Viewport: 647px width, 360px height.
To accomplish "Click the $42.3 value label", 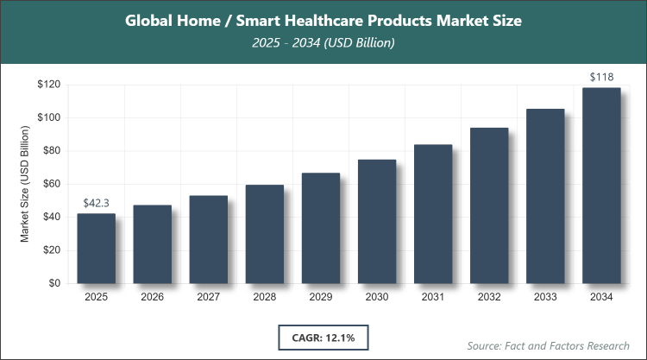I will click(96, 203).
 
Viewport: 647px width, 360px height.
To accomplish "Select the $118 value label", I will click(601, 78).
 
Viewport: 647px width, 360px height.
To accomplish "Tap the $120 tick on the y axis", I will click(47, 85).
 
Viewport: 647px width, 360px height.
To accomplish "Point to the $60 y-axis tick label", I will click(50, 184).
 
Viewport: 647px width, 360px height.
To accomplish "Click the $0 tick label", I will click(53, 283).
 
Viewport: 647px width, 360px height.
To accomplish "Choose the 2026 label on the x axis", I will click(152, 298).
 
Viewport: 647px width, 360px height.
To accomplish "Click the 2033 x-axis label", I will click(545, 298).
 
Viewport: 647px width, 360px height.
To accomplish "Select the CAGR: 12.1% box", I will click(323, 337).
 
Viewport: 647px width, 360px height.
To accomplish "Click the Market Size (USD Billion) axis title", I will click(25, 184).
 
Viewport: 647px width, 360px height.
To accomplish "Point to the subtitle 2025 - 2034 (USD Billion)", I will click(323, 43).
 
